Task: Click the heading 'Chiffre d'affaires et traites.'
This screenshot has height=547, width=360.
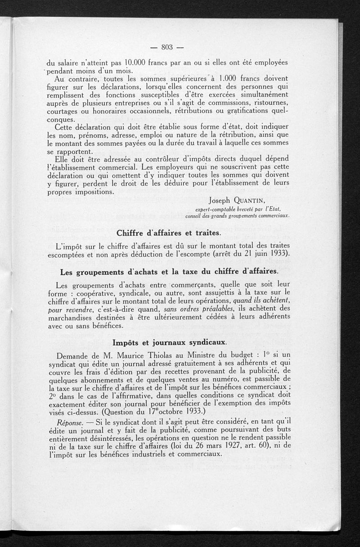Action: pos(169,233)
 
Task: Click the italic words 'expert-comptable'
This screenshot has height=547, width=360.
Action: pos(218,209)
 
